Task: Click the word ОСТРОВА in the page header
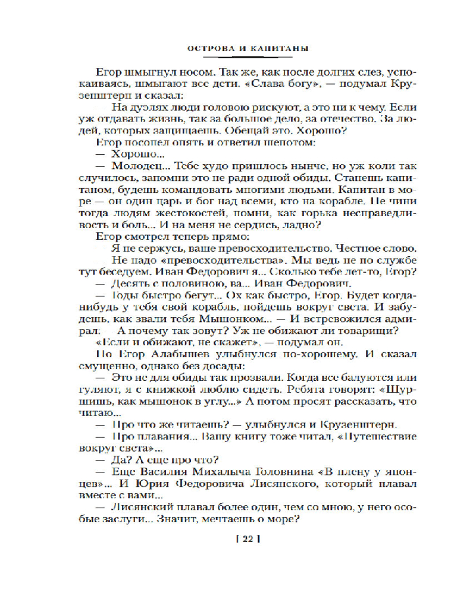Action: [208, 47]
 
